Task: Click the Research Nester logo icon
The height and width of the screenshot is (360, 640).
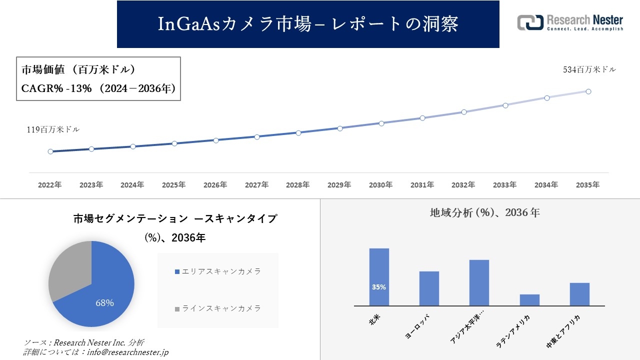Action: click(x=530, y=22)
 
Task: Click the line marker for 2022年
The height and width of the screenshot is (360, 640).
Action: click(x=50, y=151)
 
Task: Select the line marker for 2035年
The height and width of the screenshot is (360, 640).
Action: click(x=588, y=91)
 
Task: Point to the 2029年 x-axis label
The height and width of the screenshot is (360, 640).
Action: click(x=339, y=185)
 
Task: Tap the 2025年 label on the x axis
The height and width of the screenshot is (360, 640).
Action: click(x=173, y=185)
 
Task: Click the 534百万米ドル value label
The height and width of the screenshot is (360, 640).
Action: click(x=589, y=70)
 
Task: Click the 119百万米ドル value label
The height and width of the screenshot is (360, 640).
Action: click(x=53, y=129)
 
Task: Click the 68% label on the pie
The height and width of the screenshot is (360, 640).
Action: click(x=105, y=303)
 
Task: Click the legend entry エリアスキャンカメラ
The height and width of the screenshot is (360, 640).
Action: click(x=218, y=271)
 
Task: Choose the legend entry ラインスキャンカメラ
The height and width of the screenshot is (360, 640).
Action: click(x=218, y=308)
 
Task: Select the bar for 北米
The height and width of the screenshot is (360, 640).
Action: click(x=379, y=276)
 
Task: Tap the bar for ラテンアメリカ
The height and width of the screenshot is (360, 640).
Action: click(x=529, y=300)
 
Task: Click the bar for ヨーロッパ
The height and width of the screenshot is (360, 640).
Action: click(x=429, y=288)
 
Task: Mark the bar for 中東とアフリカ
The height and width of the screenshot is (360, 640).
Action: click(x=579, y=294)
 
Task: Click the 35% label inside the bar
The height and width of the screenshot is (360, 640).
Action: click(x=379, y=287)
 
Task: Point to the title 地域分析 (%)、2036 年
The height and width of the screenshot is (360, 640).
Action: click(x=484, y=212)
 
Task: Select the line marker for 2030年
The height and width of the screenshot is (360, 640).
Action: click(x=381, y=123)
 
